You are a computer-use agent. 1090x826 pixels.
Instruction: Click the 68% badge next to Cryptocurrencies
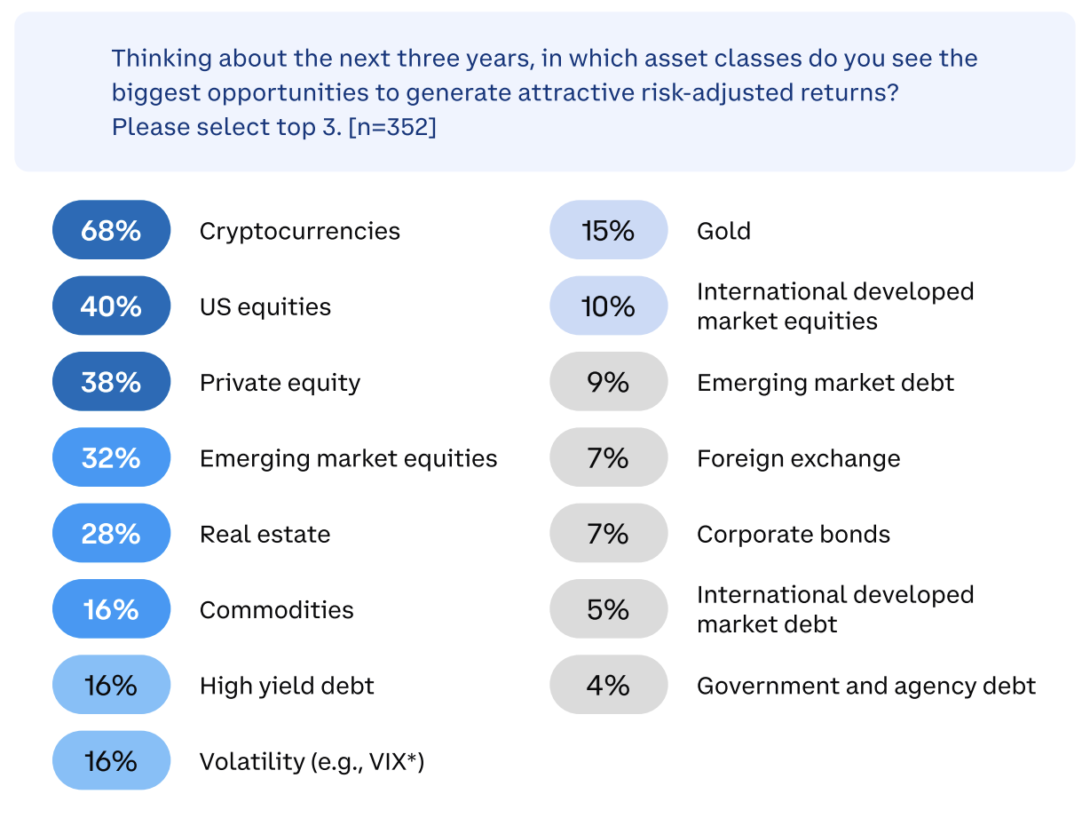[x=111, y=231]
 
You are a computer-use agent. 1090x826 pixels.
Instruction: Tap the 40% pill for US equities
[x=111, y=306]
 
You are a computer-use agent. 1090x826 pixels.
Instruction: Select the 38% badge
[x=111, y=382]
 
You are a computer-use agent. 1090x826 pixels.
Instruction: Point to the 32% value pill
[x=111, y=458]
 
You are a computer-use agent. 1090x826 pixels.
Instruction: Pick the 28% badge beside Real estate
[x=111, y=534]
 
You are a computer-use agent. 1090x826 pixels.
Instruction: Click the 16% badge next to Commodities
[x=111, y=609]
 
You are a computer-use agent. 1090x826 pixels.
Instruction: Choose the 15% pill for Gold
[x=608, y=231]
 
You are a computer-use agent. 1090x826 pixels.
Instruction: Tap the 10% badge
[x=608, y=306]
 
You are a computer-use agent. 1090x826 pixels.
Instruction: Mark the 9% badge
[x=608, y=382]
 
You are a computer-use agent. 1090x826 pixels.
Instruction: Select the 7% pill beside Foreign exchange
[x=608, y=458]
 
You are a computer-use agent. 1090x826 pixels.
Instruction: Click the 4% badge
[x=608, y=686]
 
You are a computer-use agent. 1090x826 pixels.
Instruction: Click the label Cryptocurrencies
[x=299, y=231]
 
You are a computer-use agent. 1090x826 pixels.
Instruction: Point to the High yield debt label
[x=287, y=686]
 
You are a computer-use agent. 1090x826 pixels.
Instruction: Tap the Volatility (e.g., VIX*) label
[x=312, y=761]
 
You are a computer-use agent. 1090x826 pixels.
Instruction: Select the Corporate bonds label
[x=794, y=534]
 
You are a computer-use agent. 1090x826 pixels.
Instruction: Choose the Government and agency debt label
[x=866, y=686]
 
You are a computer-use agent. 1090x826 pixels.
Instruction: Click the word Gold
[x=723, y=231]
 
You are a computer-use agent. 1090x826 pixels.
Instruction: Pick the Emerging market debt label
[x=825, y=382]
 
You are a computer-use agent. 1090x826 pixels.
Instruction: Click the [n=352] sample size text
[x=392, y=127]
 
